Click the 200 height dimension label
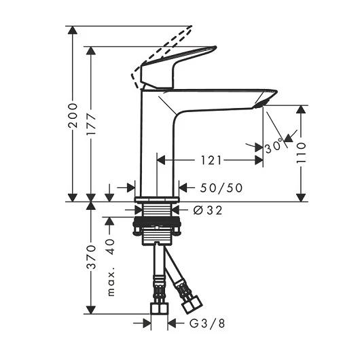pos(73,115)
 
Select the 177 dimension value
pos(91,124)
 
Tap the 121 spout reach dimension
pos(211,160)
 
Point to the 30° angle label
pos(273,146)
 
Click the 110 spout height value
pos(301,153)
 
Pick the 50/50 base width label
pos(221,187)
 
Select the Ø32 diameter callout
pos(208,210)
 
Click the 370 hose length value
pos(91,257)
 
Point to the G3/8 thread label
pos(207,323)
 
